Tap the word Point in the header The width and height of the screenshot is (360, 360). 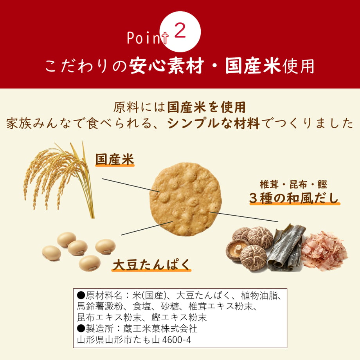click(148, 38)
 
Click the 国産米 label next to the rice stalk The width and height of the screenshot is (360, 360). click(115, 159)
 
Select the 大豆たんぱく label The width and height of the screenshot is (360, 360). click(151, 265)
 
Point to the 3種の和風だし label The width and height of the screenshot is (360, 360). click(295, 198)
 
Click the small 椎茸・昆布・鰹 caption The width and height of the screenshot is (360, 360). click(293, 184)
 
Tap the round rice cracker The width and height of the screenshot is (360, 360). click(185, 199)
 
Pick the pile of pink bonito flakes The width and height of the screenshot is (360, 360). click(324, 250)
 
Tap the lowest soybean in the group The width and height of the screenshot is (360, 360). click(90, 263)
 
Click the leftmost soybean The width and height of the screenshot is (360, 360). click(51, 253)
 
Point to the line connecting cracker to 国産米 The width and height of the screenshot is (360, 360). click(131, 185)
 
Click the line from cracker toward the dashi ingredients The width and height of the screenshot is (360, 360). click(244, 217)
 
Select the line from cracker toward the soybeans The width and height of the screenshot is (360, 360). click(147, 228)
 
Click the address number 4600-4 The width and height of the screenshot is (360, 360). click(176, 340)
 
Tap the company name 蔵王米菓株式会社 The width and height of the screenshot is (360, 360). click(160, 329)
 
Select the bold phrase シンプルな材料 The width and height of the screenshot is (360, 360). click(214, 123)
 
